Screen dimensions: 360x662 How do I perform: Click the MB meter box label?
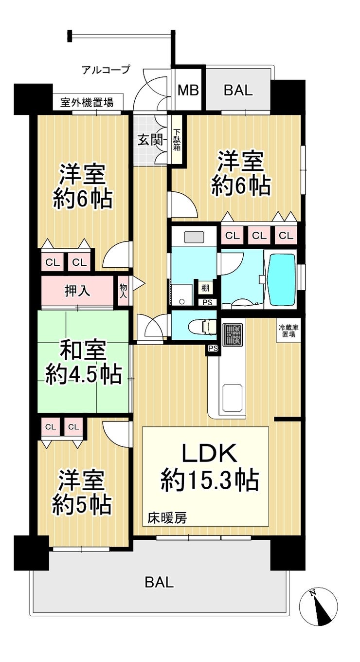click(188, 90)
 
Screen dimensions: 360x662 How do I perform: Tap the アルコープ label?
click(106, 70)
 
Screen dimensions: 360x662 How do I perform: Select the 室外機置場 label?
click(87, 103)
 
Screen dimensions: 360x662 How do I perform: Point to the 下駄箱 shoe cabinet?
click(177, 139)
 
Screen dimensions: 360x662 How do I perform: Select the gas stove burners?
click(233, 334)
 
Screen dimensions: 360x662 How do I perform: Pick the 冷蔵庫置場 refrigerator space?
click(288, 331)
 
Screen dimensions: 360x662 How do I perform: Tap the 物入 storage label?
click(123, 291)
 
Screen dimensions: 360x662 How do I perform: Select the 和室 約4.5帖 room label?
click(83, 363)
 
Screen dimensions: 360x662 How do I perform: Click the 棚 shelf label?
click(205, 288)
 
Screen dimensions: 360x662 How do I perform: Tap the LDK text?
click(209, 453)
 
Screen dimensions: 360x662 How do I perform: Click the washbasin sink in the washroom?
click(194, 238)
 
